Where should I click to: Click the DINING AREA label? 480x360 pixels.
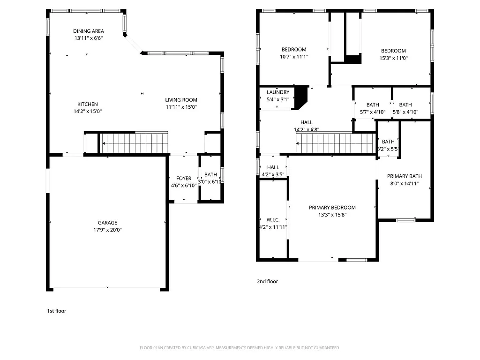tap(88, 31)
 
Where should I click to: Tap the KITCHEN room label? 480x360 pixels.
tap(88, 104)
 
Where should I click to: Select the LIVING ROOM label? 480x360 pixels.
tap(181, 100)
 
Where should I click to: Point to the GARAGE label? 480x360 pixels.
tap(107, 223)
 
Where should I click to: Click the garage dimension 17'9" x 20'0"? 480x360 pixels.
tap(107, 230)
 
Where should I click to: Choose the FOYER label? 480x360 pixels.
tap(184, 179)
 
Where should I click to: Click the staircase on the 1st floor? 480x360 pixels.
tap(134, 143)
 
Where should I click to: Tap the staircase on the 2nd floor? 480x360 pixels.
tap(336, 143)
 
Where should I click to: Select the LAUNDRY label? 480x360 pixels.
tap(278, 92)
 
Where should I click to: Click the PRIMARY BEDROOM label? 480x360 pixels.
tap(332, 208)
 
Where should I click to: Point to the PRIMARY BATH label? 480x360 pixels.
tap(405, 176)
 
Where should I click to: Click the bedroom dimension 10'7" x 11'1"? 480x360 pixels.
tap(294, 57)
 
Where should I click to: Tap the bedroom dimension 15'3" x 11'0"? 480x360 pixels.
tap(393, 58)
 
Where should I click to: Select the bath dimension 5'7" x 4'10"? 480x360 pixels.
tap(373, 112)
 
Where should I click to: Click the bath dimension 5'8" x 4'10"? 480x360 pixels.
tap(405, 112)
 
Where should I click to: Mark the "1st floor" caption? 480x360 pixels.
tap(57, 311)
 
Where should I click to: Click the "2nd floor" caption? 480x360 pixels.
tap(267, 282)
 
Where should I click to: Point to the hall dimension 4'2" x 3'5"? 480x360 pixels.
tap(273, 174)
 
